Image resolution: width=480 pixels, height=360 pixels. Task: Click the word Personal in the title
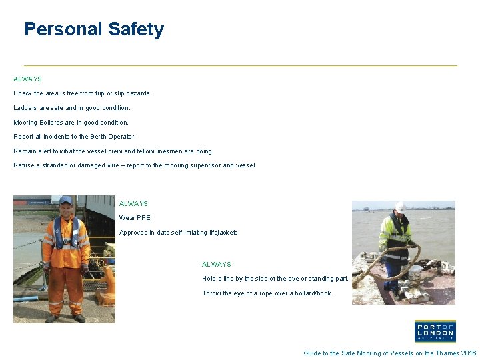click(63, 29)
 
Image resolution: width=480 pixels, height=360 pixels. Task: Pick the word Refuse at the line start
click(23, 165)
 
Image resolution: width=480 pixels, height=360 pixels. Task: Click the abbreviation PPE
click(143, 218)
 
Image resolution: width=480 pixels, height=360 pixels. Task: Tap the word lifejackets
click(221, 233)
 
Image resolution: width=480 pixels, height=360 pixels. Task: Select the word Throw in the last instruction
click(211, 293)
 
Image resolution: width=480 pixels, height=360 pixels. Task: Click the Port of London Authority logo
click(435, 331)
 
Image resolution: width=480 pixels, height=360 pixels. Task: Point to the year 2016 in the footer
click(469, 353)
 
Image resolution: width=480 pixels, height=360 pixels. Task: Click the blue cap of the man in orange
click(65, 199)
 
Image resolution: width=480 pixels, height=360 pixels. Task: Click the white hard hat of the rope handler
click(400, 207)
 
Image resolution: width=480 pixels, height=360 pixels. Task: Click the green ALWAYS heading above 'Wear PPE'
click(133, 204)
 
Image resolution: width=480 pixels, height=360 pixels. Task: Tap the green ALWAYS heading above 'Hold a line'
click(217, 265)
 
